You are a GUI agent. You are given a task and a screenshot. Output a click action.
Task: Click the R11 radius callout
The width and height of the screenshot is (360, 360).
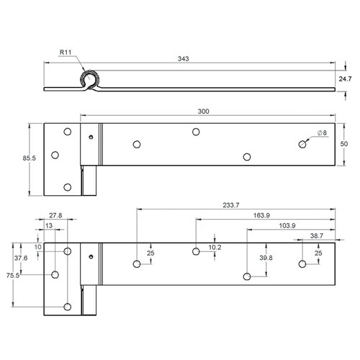point(66,52)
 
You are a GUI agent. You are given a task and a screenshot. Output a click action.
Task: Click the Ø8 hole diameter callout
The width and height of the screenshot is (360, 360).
point(321,133)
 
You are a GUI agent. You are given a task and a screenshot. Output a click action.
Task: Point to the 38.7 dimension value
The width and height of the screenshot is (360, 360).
point(317,236)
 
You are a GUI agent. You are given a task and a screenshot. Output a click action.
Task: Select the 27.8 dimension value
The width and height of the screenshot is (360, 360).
point(55,215)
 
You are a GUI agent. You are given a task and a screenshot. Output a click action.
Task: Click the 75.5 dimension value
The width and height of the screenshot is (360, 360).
point(11,275)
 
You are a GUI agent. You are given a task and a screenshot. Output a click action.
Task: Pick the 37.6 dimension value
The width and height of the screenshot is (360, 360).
point(21,258)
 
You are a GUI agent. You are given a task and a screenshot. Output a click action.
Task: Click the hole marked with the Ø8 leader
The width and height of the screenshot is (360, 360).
point(302,145)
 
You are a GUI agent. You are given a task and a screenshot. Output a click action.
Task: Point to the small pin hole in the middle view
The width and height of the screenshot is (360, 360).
point(90,137)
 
